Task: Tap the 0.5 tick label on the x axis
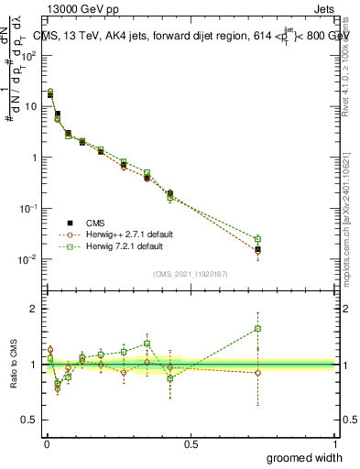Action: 190,443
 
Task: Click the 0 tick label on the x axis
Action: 46,443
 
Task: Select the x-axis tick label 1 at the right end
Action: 334,443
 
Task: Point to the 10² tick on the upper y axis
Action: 31,55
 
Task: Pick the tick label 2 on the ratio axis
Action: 36,309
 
